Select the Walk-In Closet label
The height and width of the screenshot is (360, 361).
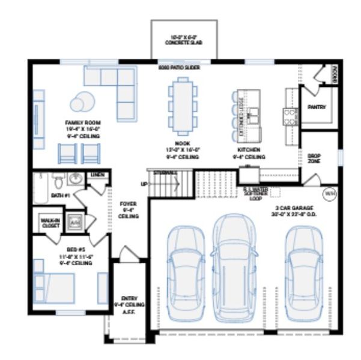(50, 223)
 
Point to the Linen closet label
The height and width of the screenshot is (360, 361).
(96, 175)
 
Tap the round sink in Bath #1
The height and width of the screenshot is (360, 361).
(76, 178)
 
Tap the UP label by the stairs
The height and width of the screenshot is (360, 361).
(144, 184)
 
